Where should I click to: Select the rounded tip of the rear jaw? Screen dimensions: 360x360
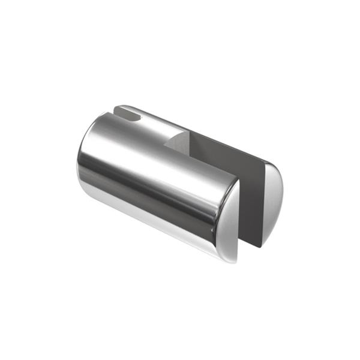click(118, 109)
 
